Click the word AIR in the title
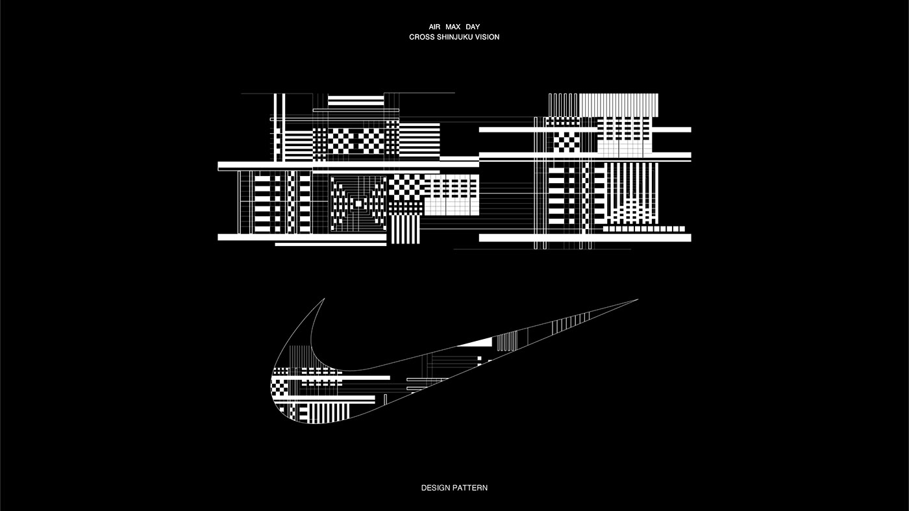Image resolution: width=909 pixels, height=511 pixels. point(434,27)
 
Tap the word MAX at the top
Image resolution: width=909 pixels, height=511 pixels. point(453,27)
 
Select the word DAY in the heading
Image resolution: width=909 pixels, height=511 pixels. point(473,27)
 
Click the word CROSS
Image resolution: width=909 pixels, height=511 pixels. point(421,37)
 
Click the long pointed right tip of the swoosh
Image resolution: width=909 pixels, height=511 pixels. point(638,299)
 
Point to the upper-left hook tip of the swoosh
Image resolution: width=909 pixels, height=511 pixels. point(324,299)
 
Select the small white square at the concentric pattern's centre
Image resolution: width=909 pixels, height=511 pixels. point(358,204)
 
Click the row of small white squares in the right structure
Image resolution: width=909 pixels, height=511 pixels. point(644,229)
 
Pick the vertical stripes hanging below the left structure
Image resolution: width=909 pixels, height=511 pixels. point(405,229)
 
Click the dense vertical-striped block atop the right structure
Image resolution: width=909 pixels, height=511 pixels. point(619,105)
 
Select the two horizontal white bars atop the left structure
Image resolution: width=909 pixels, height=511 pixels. point(356,100)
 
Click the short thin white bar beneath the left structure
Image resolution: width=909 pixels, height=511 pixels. point(330,244)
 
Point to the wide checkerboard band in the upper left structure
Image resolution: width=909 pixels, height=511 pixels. point(356,140)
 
